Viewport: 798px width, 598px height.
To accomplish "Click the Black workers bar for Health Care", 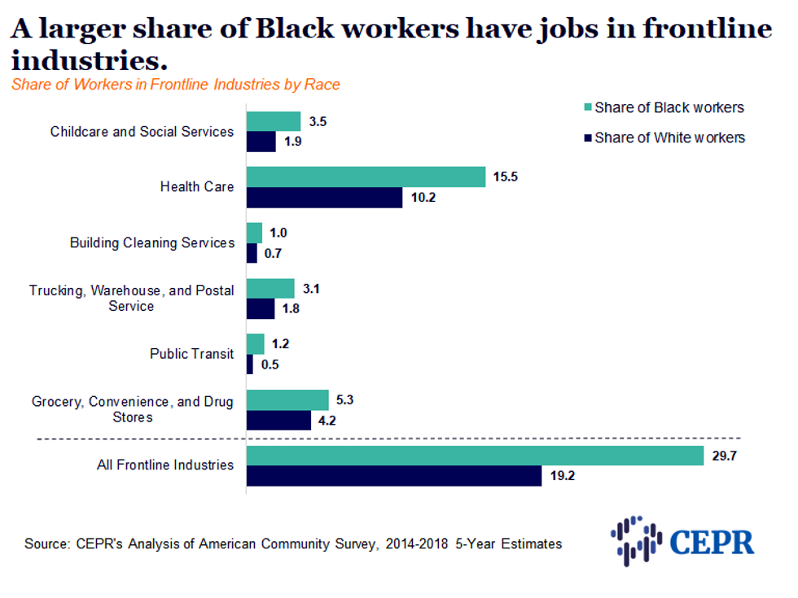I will (366, 177).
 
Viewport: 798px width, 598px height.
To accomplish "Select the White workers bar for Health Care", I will (324, 197).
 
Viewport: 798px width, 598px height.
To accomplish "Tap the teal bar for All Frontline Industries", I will (475, 456).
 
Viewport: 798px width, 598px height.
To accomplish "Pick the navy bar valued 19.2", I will (394, 476).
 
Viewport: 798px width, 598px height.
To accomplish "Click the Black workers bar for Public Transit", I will (256, 343).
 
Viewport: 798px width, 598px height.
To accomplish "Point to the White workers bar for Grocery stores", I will (278, 420).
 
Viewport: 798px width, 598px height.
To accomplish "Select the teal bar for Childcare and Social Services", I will (274, 121).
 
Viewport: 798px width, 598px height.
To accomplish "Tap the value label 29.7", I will (724, 455).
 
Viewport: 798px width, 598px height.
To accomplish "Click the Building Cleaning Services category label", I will (152, 242).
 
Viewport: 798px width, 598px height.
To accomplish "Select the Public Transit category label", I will (191, 354).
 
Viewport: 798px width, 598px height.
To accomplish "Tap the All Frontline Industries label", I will (165, 465).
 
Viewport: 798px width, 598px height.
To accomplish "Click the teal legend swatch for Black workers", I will (586, 107).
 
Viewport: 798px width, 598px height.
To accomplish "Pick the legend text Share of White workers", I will (669, 137).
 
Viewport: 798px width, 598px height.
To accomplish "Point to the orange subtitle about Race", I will (176, 85).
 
